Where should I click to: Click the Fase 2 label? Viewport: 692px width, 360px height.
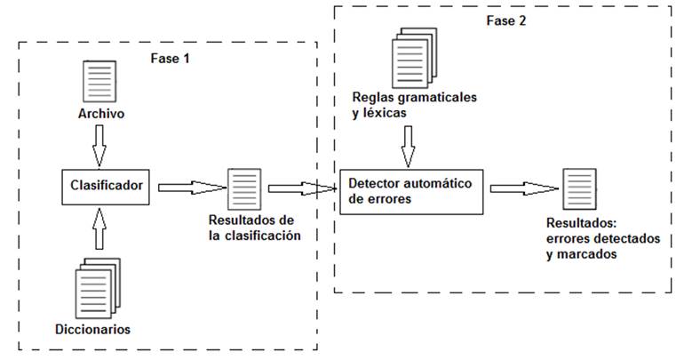[x=505, y=21]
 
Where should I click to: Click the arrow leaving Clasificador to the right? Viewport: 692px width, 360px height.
[x=188, y=187]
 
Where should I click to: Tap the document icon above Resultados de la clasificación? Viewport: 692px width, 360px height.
[x=243, y=186]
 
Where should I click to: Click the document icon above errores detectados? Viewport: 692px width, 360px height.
[x=579, y=186]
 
